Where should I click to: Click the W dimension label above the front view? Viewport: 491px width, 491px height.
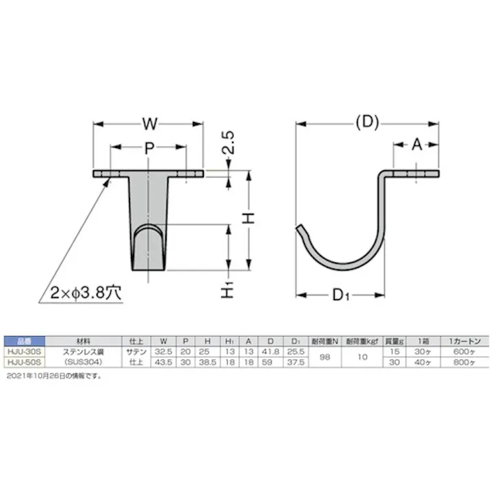pos(148,125)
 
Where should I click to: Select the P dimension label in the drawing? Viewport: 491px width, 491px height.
pos(148,147)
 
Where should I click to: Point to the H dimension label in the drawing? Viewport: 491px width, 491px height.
pos(249,218)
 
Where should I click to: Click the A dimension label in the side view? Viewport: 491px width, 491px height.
pos(417,145)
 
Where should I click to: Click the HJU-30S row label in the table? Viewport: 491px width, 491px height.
pos(23,351)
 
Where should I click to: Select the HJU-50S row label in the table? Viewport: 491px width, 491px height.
pos(23,360)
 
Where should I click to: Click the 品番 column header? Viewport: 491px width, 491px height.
pos(23,341)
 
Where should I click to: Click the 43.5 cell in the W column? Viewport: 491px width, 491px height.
pos(163,360)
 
